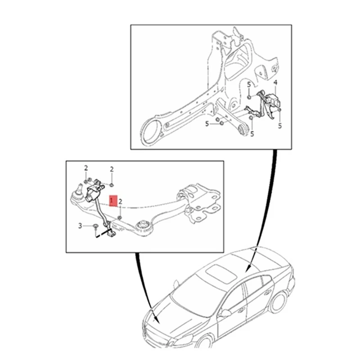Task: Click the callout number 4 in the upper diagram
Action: coord(275,82)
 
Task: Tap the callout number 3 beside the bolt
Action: coord(81,225)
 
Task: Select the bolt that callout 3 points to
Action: coord(95,226)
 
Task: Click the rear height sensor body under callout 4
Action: coord(273,99)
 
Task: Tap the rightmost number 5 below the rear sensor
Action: coord(279,126)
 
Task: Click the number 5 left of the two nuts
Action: coord(207,123)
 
